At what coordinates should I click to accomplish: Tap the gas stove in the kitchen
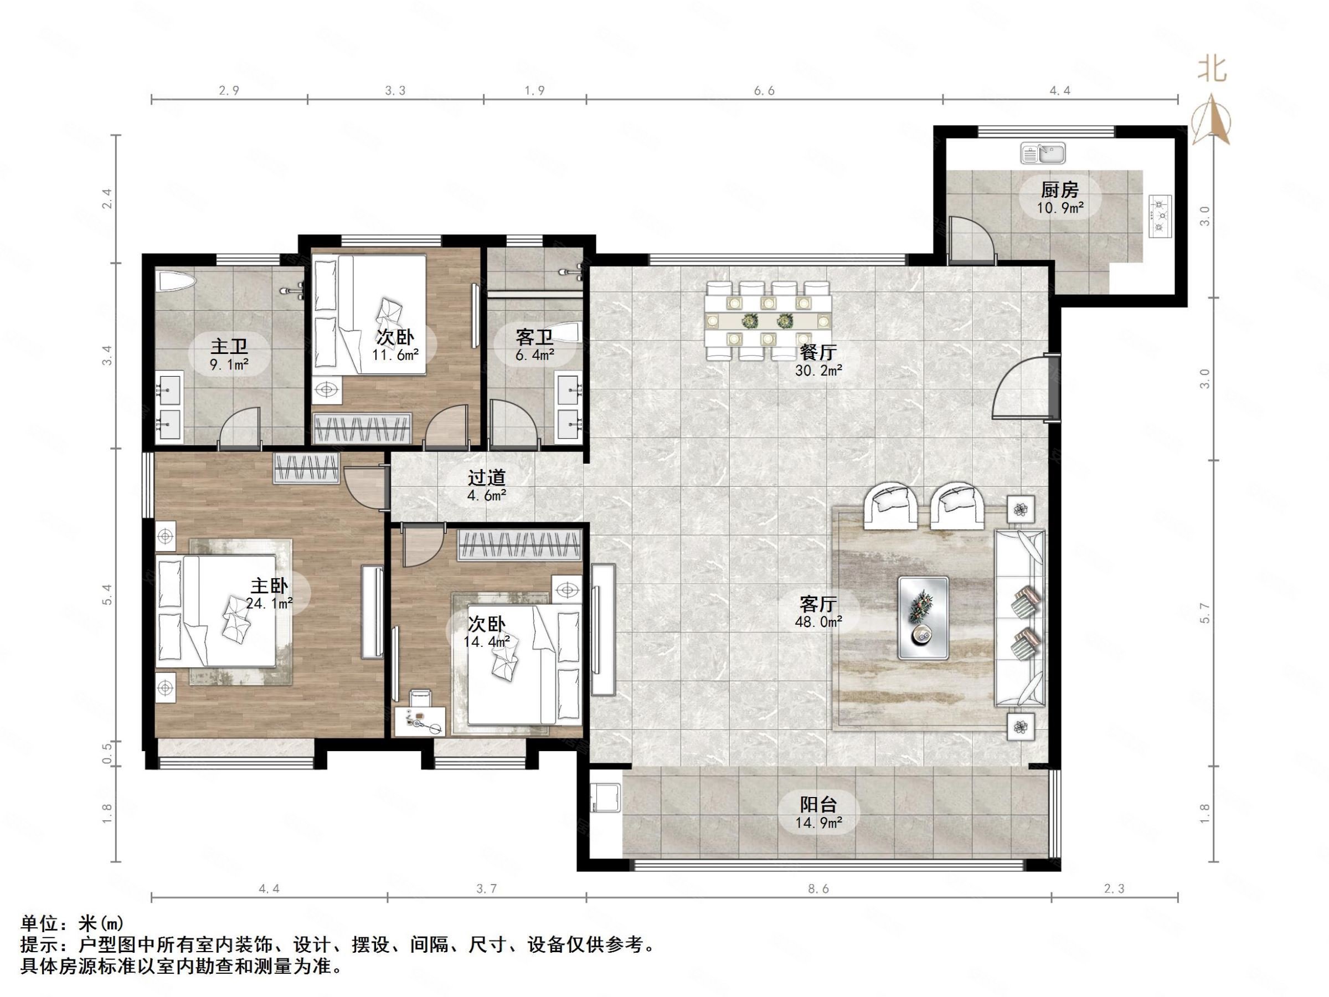1160,216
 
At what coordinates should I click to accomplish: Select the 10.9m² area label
1060,208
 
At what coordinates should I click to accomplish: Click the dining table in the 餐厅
768,321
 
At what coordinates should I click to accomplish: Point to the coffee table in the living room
924,618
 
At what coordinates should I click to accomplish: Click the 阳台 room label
818,804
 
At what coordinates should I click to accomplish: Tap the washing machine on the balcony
605,796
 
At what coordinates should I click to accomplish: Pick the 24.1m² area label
269,603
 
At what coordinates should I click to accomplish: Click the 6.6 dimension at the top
764,91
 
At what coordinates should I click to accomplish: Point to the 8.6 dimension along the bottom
818,888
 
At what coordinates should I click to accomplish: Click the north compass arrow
1211,119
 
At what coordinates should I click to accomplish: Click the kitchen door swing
971,239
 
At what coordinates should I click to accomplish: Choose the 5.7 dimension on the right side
1204,613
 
